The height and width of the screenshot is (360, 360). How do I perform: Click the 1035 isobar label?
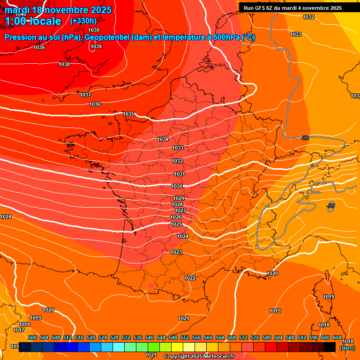[x=129, y=114]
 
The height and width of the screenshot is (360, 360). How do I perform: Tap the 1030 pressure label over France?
[x=177, y=186]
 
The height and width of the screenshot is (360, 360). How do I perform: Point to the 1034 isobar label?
[x=163, y=139]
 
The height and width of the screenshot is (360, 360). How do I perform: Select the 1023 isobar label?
[x=176, y=252]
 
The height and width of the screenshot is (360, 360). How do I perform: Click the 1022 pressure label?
[x=190, y=278]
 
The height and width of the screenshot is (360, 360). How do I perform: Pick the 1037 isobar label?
[x=85, y=95]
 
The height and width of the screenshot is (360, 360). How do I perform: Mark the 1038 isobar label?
[x=64, y=64]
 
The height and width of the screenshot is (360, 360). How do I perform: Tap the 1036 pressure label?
[x=95, y=104]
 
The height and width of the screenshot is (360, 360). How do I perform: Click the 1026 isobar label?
[x=176, y=217]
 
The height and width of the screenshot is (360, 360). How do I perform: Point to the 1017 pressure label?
[x=19, y=330]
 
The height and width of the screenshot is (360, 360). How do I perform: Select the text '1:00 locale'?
[x=33, y=21]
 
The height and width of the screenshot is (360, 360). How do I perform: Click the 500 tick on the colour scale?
[x=32, y=337]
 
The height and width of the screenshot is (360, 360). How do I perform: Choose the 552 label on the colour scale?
[x=185, y=337]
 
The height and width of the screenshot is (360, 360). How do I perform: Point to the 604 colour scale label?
[x=337, y=337]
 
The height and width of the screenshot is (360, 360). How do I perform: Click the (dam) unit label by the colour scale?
[x=347, y=348]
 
